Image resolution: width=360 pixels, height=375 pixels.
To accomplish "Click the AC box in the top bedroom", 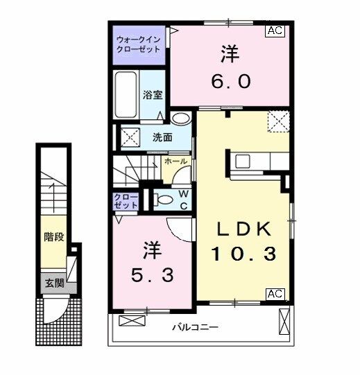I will (x=275, y=30).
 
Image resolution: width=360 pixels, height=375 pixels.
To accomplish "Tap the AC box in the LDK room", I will (x=275, y=294).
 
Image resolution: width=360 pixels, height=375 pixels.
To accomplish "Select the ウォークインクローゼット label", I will (x=139, y=45).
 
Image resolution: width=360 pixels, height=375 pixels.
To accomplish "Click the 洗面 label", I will (x=162, y=137).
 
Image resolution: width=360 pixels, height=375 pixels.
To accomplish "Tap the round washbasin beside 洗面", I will (x=180, y=118).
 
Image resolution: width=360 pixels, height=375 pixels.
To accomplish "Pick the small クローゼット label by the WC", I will (x=126, y=201).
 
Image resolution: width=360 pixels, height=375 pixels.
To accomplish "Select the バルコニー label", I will (x=195, y=326).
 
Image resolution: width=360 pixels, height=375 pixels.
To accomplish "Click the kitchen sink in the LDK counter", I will (x=242, y=162).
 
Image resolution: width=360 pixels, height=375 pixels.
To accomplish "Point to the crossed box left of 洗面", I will (x=128, y=135).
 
